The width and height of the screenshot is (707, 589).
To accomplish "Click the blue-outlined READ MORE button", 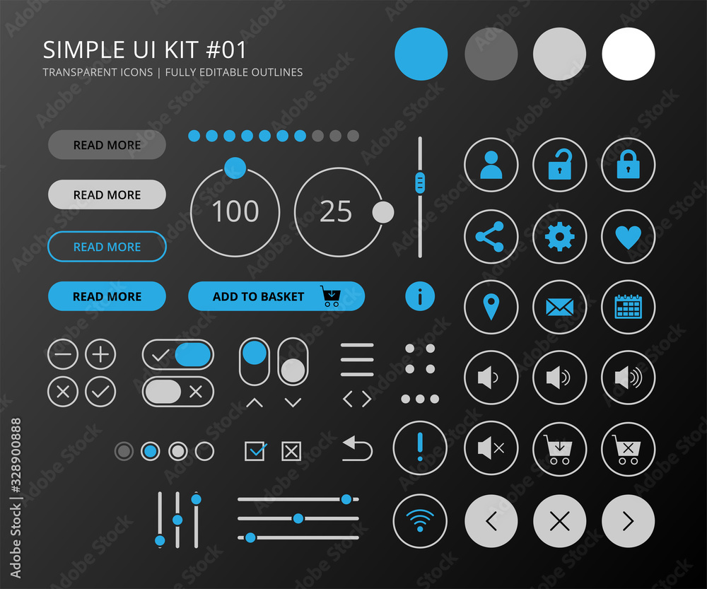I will point(107,247).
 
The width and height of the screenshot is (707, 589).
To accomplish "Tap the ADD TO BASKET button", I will point(276,296).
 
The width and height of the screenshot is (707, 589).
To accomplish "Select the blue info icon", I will point(420,296).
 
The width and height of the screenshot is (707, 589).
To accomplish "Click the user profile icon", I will point(491,165).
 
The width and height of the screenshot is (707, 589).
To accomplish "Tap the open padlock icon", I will point(559,165).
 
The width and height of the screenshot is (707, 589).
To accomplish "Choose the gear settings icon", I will point(559,237).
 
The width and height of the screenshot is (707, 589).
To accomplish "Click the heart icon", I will point(628,237).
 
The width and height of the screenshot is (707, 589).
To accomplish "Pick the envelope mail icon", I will point(559,308).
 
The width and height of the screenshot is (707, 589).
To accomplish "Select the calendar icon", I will point(628,308).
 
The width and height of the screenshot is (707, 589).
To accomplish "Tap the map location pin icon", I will point(491,308).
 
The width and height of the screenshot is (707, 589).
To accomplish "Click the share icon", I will point(491,237).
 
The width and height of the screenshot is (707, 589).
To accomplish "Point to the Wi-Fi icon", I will point(420,521).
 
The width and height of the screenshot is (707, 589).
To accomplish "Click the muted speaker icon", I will point(491,448).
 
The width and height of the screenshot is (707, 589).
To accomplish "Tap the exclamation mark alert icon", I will point(420,448).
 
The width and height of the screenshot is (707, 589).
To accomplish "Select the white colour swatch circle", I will point(628,54).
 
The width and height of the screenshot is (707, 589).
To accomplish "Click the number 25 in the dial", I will point(336,211).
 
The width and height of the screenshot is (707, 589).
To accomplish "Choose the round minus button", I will point(63,354).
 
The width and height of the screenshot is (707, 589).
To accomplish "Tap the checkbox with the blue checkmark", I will point(255,450).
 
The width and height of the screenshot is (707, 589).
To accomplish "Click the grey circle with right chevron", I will point(628,522).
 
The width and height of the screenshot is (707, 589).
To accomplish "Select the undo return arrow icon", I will point(358,448).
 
